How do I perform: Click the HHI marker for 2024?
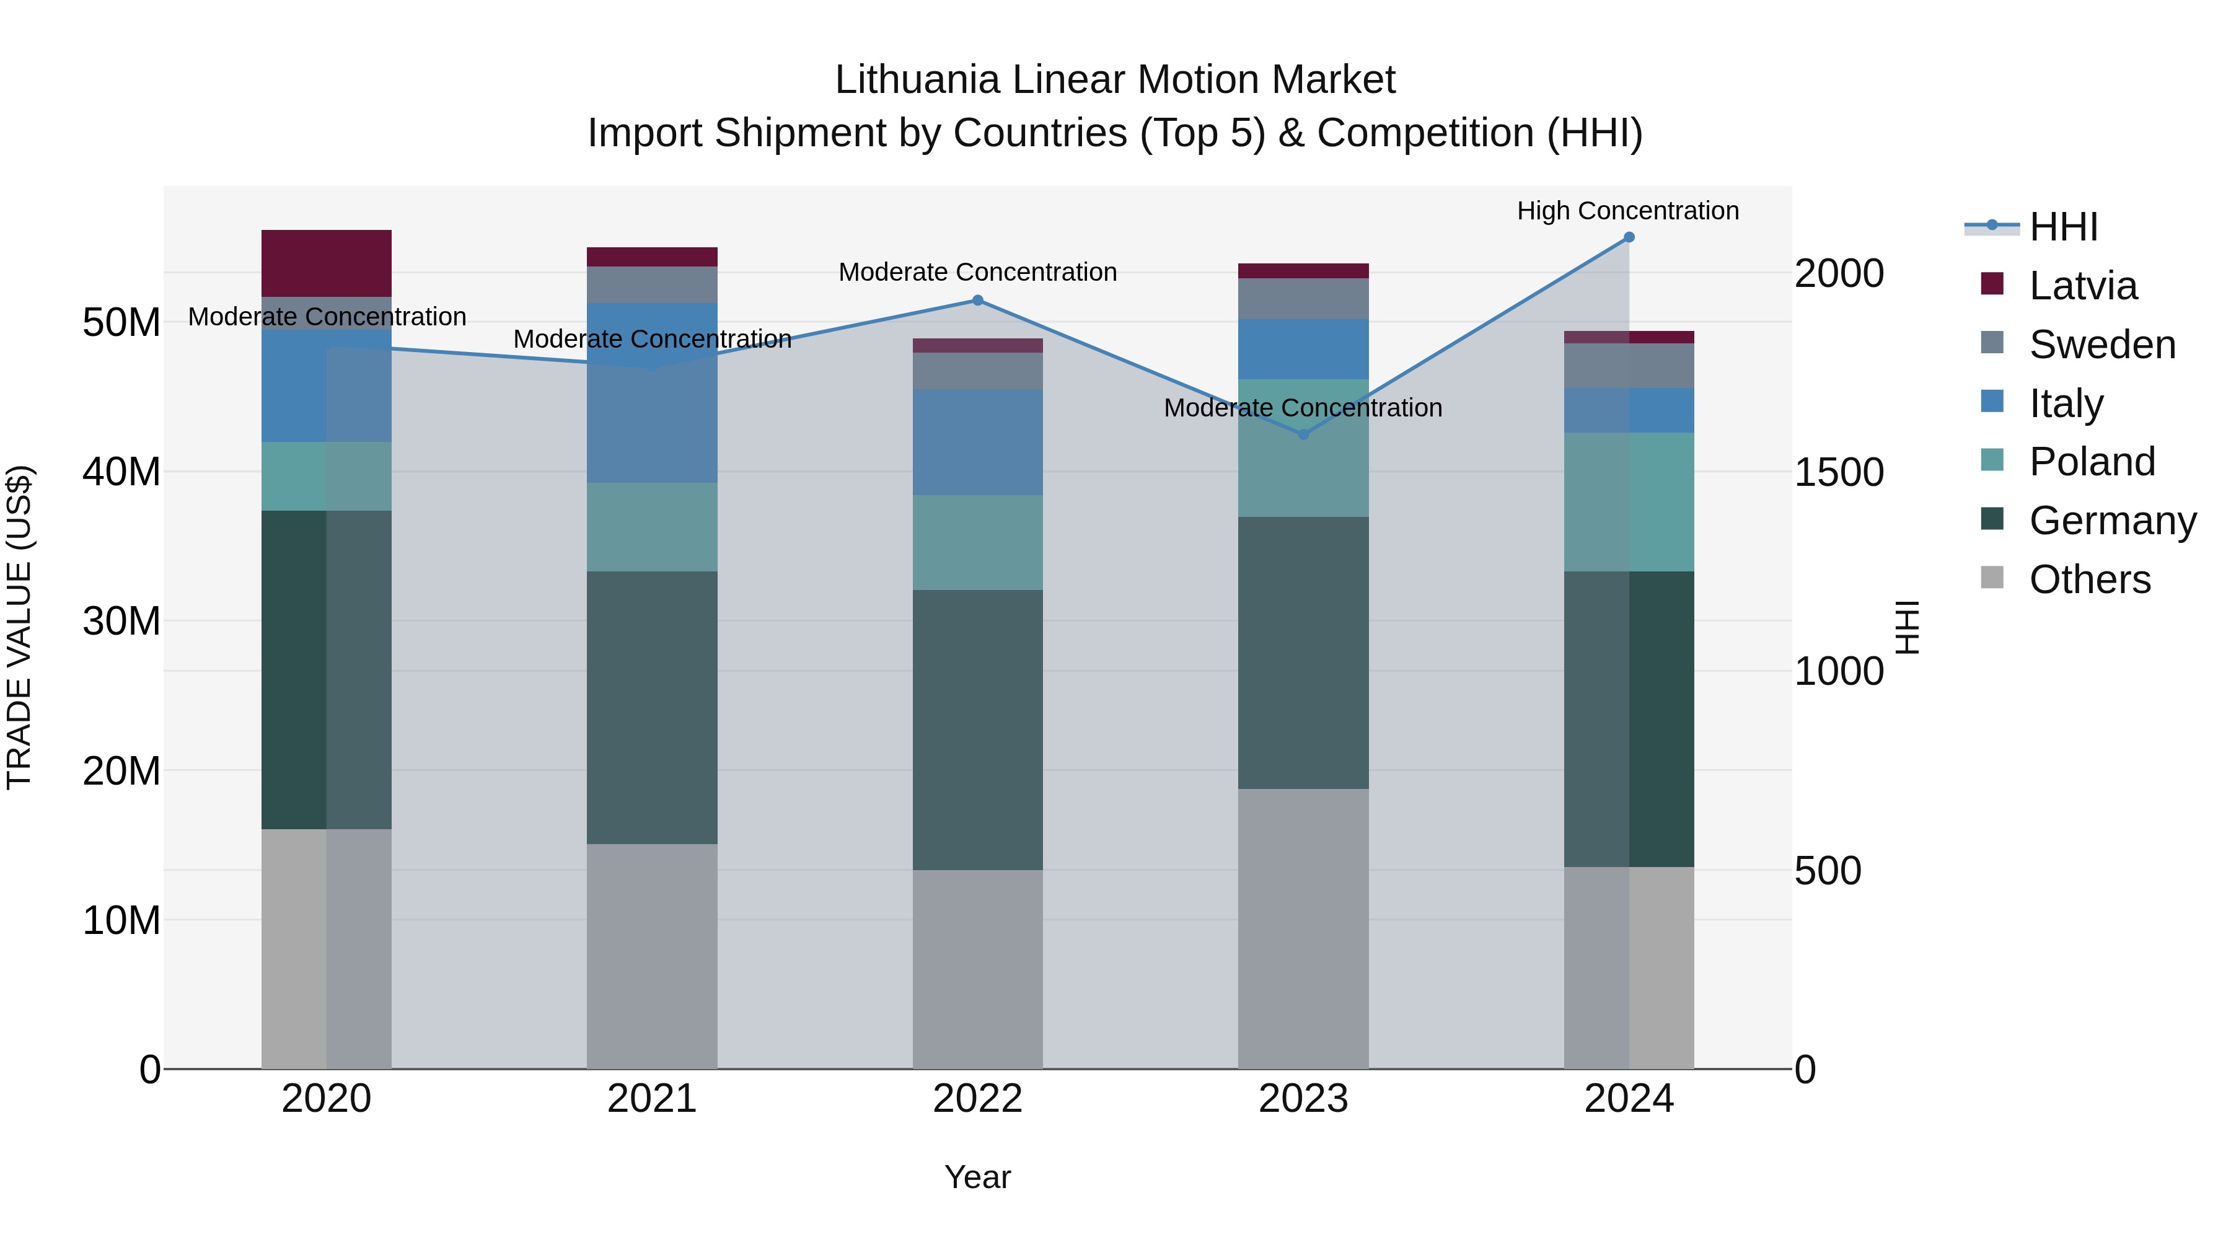point(1628,237)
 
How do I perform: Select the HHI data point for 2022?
point(977,301)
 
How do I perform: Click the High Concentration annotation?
point(1627,211)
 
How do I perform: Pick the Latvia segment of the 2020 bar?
point(327,263)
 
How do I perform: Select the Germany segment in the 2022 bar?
point(977,729)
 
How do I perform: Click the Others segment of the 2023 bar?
point(1303,928)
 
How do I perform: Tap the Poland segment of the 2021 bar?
point(651,527)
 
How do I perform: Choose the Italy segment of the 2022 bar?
point(977,442)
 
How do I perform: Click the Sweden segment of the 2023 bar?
point(1303,299)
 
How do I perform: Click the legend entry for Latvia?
point(2082,286)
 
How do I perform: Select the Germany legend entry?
point(2111,521)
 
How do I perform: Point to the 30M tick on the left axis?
point(121,622)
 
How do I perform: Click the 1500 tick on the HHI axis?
point(1839,473)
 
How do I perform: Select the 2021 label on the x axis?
point(651,1099)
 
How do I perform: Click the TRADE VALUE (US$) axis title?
point(19,627)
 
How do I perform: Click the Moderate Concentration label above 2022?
point(977,272)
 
